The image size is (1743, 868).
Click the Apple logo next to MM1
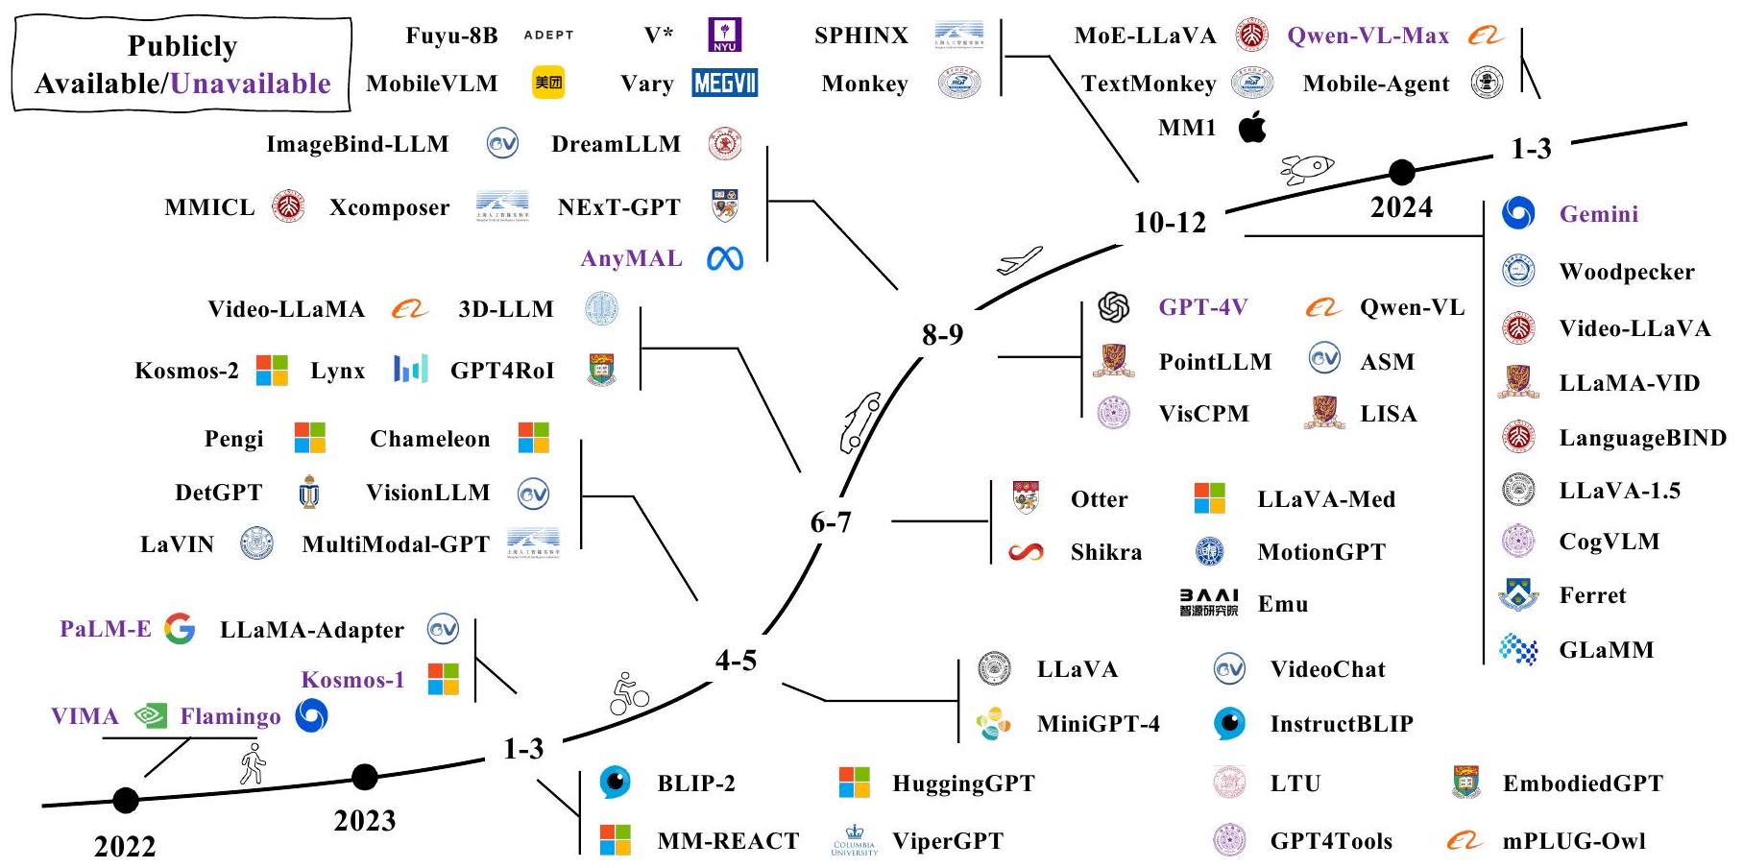[1252, 127]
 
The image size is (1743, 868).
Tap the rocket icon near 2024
[1307, 169]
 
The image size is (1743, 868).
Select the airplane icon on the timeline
[1019, 260]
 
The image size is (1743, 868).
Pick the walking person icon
[253, 763]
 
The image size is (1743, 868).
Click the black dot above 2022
[126, 799]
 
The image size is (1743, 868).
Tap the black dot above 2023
[365, 776]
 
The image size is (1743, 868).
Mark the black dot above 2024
[1402, 172]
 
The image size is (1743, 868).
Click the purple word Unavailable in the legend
[251, 84]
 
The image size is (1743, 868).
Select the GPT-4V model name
[1202, 307]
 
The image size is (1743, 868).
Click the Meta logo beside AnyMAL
[725, 258]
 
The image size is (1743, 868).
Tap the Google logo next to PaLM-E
[180, 629]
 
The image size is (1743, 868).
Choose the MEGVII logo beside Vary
[725, 84]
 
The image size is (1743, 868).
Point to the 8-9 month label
[942, 334]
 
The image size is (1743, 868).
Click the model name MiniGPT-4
[1098, 724]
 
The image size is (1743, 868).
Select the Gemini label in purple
[1598, 214]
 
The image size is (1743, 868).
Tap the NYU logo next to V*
[724, 36]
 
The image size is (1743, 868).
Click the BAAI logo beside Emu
[1209, 603]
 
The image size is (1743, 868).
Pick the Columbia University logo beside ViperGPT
[854, 841]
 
